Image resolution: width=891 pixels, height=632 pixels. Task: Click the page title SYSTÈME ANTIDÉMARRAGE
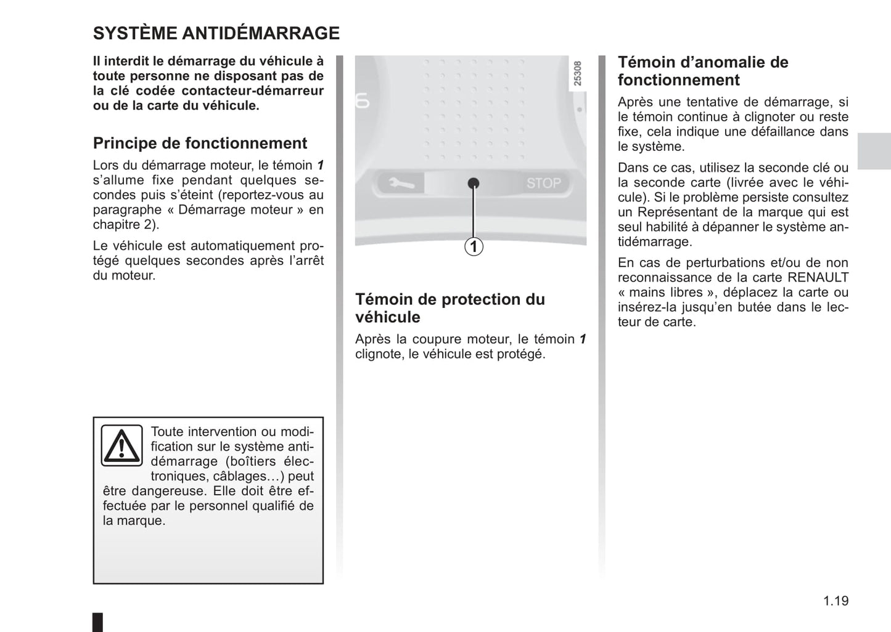pos(216,33)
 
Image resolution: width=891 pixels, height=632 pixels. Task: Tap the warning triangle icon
pos(122,445)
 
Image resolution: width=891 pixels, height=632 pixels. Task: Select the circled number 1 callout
pos(474,247)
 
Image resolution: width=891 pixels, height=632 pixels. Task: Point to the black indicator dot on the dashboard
pos(474,183)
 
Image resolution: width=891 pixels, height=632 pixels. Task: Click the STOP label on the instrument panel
pos(543,183)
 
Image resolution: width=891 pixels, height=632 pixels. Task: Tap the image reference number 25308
pos(577,73)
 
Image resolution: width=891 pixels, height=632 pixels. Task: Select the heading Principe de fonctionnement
pos(200,144)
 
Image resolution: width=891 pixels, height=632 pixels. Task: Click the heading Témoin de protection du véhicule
pos(450,308)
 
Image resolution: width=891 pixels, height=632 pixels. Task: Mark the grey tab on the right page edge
pos(874,151)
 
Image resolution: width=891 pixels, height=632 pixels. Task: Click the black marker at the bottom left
pos(98,622)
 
